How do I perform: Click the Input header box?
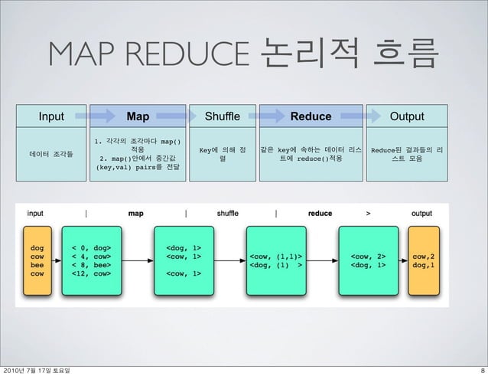(x=52, y=117)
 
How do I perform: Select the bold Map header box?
(x=138, y=117)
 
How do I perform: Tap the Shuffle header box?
(x=222, y=117)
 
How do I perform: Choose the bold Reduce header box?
(x=311, y=117)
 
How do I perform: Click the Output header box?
(x=407, y=117)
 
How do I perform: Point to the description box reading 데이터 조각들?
(x=52, y=154)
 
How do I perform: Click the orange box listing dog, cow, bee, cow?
(x=37, y=260)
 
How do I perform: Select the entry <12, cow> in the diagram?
(x=90, y=272)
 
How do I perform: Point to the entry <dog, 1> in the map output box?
(x=184, y=247)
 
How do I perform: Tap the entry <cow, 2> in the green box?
(x=367, y=256)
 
